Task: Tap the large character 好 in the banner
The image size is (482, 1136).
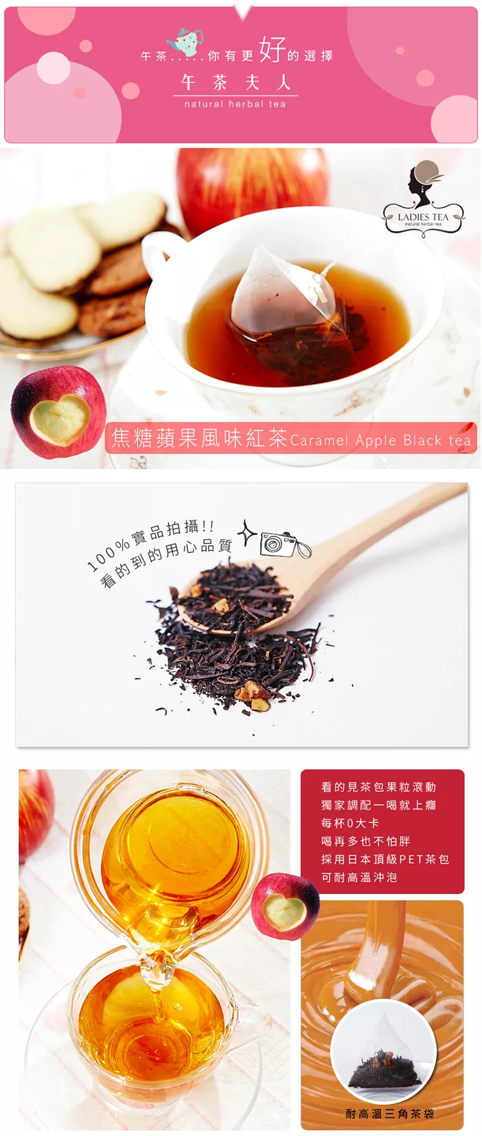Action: [x=272, y=49]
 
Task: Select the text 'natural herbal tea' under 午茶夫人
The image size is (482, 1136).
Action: [x=235, y=104]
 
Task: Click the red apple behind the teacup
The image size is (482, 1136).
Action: [x=251, y=180]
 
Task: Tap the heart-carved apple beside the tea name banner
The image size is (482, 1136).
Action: [x=58, y=412]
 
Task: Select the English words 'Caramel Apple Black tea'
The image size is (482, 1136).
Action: [x=380, y=441]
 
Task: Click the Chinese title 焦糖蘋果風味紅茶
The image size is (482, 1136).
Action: [x=199, y=438]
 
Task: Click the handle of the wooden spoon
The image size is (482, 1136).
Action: [x=386, y=526]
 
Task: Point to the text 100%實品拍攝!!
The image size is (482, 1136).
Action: [x=150, y=545]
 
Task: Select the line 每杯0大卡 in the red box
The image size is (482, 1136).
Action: [x=350, y=823]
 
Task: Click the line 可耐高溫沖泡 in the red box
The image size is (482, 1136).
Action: [x=359, y=877]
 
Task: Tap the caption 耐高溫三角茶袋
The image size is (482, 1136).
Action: [x=389, y=1114]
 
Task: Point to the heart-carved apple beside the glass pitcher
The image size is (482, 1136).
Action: [x=285, y=907]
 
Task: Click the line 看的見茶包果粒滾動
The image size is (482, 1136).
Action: [x=379, y=787]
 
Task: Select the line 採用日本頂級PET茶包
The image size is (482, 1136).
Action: [x=385, y=859]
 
